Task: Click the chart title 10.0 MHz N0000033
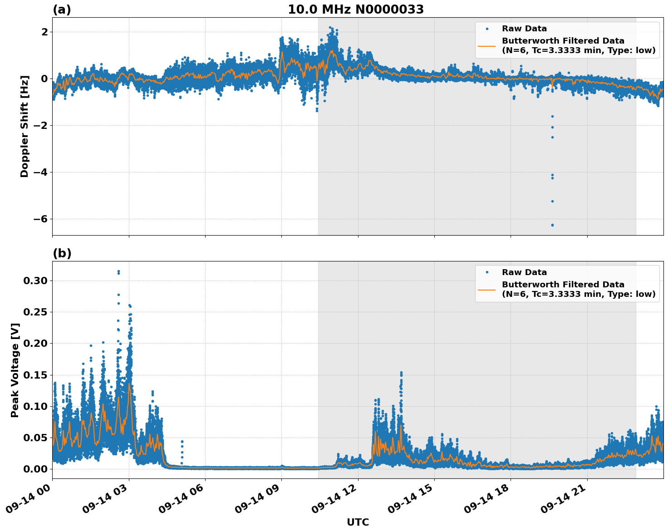(x=356, y=10)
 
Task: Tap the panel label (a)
(x=62, y=10)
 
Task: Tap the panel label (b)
(x=62, y=253)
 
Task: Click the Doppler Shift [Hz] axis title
(x=25, y=126)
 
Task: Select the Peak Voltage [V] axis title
(x=15, y=370)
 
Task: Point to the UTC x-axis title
(x=358, y=522)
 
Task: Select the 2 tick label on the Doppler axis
(x=44, y=32)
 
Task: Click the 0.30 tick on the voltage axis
(x=35, y=281)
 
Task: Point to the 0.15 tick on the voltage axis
(x=35, y=375)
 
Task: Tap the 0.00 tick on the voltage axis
(x=35, y=469)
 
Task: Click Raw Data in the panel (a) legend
(x=524, y=29)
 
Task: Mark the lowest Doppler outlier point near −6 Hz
(x=552, y=225)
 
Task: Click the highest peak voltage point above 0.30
(x=118, y=271)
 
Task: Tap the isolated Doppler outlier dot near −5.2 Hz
(x=552, y=201)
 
